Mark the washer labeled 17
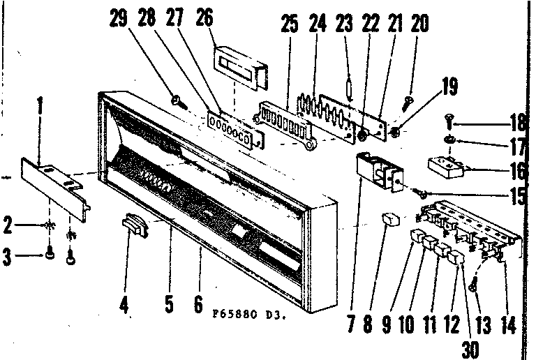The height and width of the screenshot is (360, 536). pos(451,142)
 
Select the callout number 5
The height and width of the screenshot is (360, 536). pos(168,306)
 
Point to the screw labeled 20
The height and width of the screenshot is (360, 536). pos(409,105)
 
